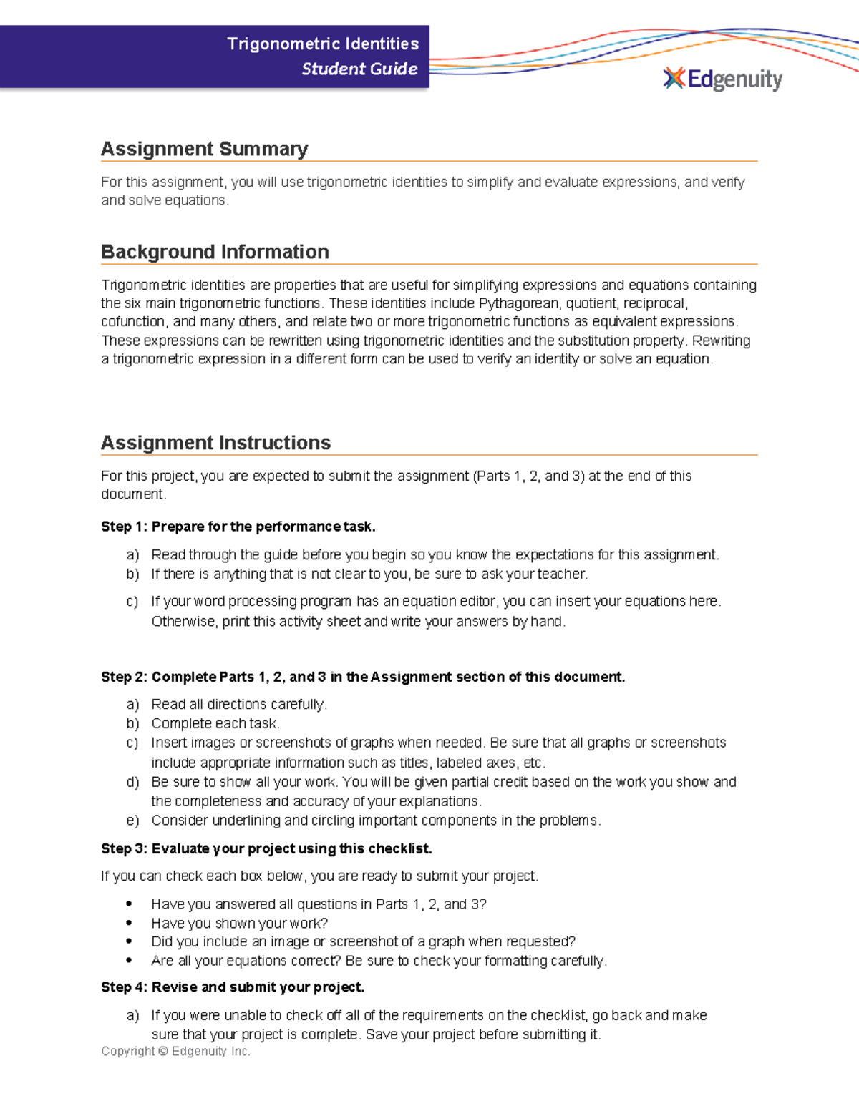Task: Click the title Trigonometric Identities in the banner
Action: tap(323, 44)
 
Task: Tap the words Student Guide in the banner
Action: tap(359, 69)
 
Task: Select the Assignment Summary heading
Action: tap(204, 149)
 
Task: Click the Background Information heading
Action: tap(215, 252)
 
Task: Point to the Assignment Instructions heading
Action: tap(215, 443)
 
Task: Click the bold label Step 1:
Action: tap(124, 527)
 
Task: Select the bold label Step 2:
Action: tap(124, 677)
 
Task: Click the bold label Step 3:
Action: tap(124, 849)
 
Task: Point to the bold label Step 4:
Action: tap(124, 987)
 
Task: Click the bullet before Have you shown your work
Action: tap(129, 924)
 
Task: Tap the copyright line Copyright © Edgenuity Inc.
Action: tap(175, 1051)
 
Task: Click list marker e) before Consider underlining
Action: tap(132, 821)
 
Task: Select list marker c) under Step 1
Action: tap(132, 602)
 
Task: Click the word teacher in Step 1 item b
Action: tap(566, 574)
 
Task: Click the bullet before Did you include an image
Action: tap(129, 942)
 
